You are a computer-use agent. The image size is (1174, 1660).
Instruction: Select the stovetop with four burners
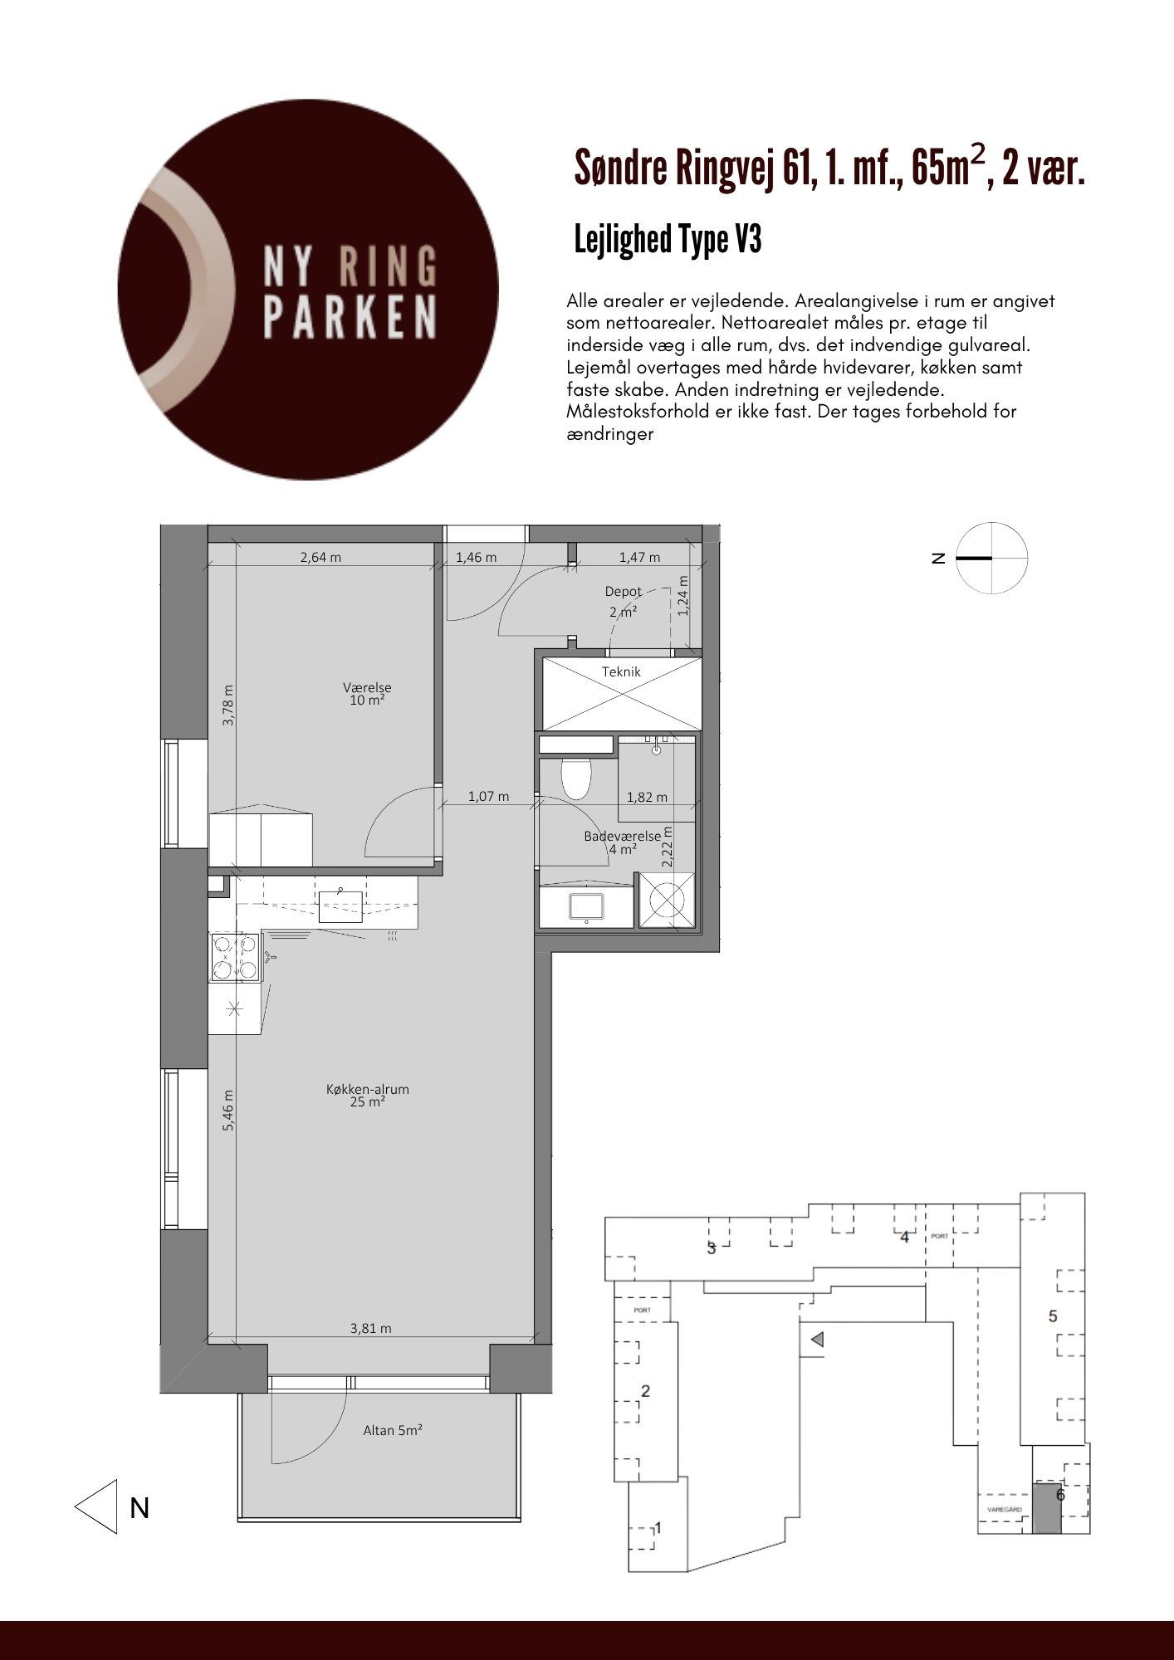[x=236, y=957]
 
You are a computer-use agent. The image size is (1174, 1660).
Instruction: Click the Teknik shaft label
[x=621, y=671]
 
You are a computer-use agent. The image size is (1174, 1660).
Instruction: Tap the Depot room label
[x=623, y=592]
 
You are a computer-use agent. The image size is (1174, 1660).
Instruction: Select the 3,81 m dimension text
[x=370, y=1328]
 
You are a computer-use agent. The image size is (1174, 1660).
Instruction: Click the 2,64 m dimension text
[x=320, y=558]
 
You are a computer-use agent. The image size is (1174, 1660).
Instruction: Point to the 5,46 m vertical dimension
[x=228, y=1110]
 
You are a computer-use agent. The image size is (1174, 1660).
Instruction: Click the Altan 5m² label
[x=393, y=1431]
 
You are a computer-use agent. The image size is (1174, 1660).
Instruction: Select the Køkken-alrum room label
[x=368, y=1096]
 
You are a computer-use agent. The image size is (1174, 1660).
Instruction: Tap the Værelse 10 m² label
[x=367, y=694]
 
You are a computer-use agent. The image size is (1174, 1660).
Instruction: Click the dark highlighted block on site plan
[x=1046, y=1507]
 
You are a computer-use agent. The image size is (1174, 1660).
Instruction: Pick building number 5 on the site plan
[x=1054, y=1316]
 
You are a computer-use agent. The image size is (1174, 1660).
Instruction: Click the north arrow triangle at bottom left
[x=96, y=1506]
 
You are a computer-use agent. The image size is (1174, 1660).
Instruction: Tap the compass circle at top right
[x=991, y=559]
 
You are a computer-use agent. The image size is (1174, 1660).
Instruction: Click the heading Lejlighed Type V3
[x=668, y=240]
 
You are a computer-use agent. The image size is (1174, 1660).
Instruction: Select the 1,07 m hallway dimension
[x=488, y=796]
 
